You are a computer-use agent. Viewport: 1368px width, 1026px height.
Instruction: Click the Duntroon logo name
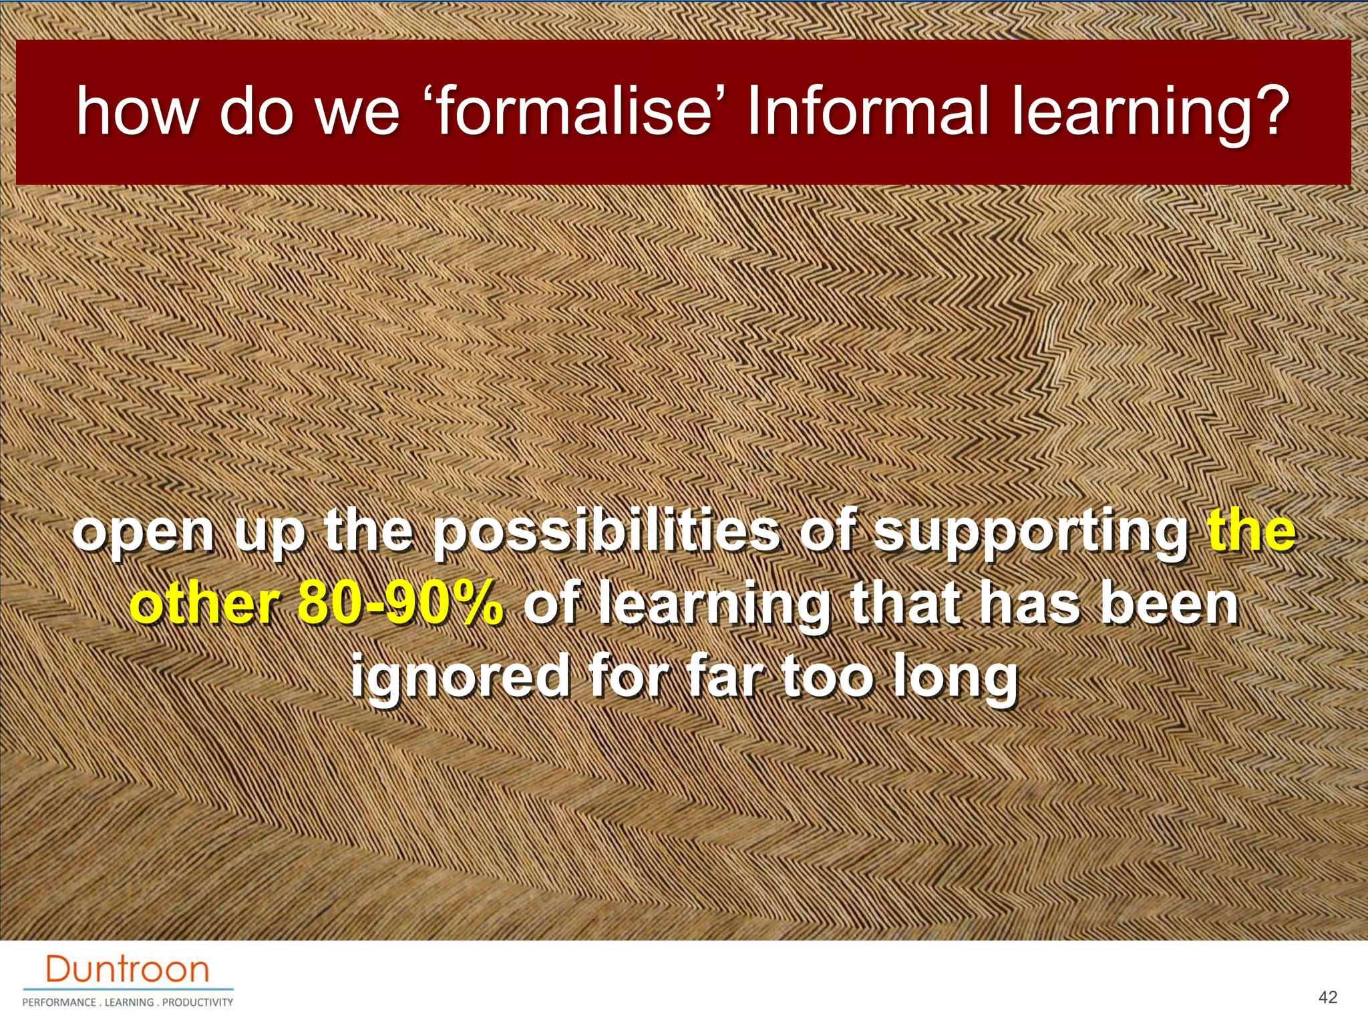point(128,969)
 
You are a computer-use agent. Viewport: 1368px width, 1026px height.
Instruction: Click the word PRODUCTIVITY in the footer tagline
point(198,1002)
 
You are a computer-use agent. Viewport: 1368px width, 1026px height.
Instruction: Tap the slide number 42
point(1328,997)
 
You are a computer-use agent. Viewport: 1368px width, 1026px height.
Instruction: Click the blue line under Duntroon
point(128,989)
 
